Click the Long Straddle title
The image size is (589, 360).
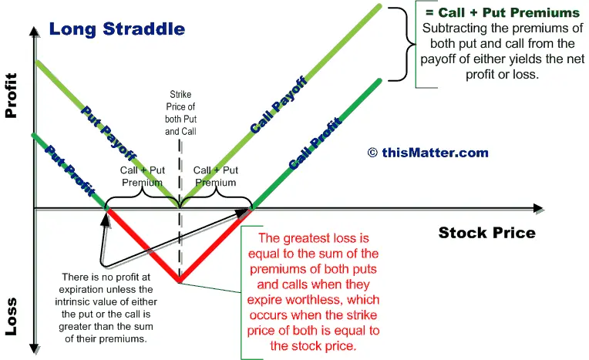(117, 29)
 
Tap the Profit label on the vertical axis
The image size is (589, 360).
(12, 96)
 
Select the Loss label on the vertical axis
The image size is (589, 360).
(12, 316)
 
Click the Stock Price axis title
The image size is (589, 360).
(486, 233)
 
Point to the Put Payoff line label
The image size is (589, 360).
(109, 133)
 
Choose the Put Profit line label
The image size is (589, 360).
(70, 170)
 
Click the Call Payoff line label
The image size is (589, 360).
(279, 105)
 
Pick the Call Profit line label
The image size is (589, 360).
(315, 143)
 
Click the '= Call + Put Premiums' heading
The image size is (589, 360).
(503, 12)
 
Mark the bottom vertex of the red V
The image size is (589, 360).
(180, 281)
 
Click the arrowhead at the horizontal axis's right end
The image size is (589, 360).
(538, 209)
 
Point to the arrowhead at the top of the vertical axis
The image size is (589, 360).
(34, 32)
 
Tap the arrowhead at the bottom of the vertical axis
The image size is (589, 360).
(34, 349)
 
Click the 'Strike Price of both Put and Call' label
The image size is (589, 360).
(180, 113)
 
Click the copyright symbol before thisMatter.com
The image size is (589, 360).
(372, 153)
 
